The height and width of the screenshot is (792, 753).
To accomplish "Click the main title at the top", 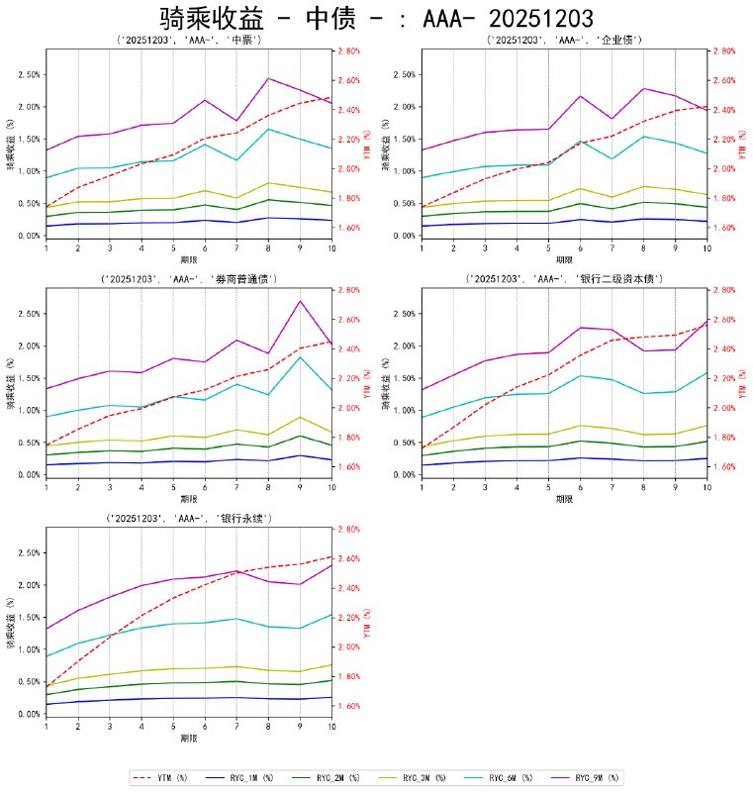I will (x=376, y=18).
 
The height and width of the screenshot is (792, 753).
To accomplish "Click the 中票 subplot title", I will (x=188, y=41).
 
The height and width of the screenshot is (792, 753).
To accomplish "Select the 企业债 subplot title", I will (x=564, y=41).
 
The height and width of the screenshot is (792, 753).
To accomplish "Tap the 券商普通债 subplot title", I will (x=188, y=280).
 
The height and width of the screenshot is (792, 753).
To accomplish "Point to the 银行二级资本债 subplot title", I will (x=564, y=280).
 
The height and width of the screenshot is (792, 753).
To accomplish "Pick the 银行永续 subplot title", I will (x=188, y=519).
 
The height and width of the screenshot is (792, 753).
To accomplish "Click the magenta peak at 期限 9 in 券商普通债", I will (x=300, y=301).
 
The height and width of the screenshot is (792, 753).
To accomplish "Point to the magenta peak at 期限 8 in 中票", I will (x=268, y=78).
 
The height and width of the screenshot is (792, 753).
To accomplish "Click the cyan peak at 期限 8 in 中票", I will (x=268, y=129).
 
